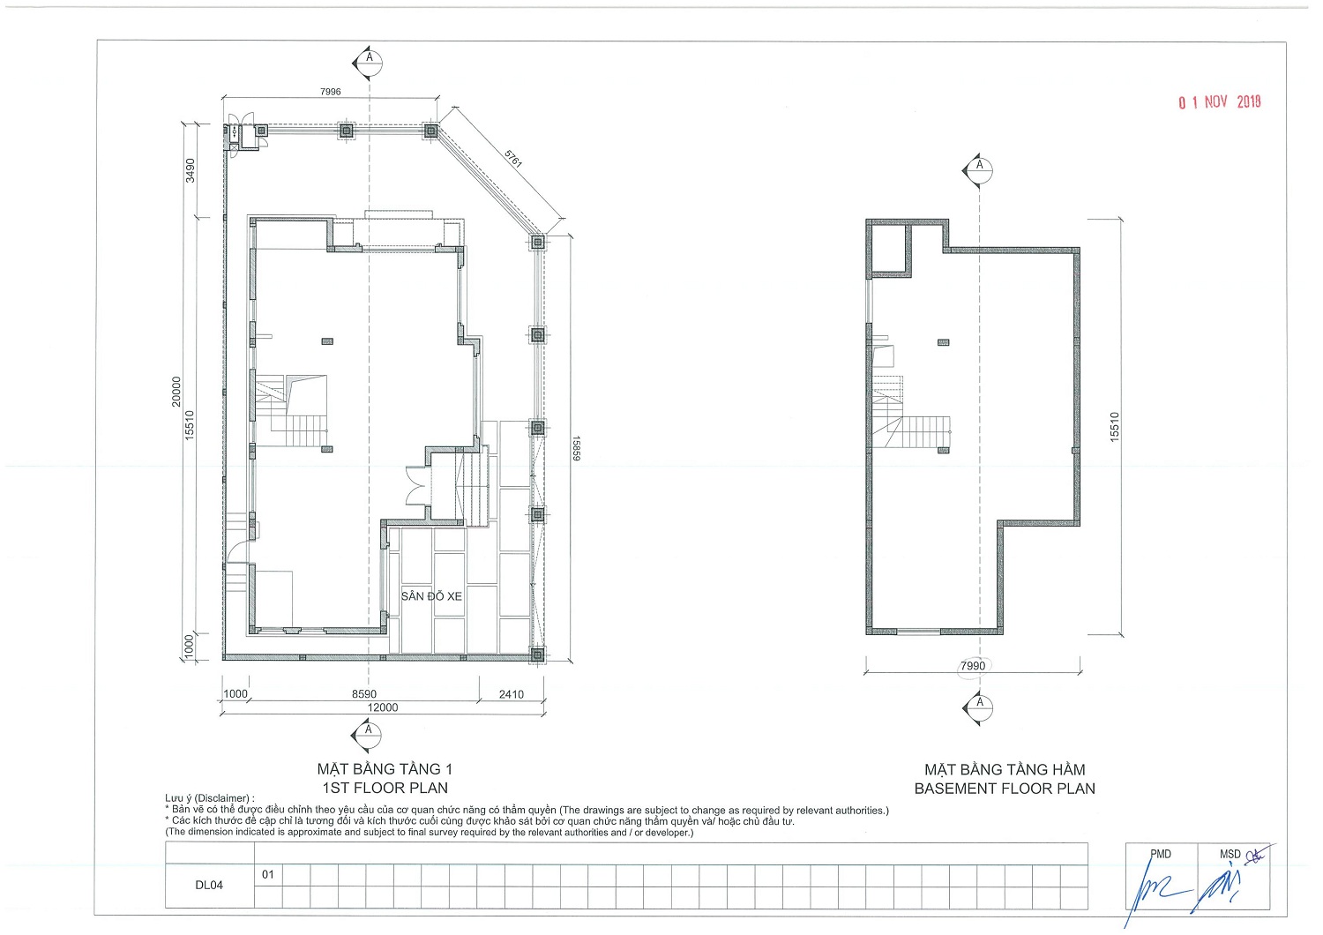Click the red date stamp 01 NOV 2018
coord(1220,102)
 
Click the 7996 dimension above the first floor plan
coord(330,92)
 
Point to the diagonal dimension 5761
coord(513,158)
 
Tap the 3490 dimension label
coord(191,171)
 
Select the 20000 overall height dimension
coord(176,392)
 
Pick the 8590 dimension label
coord(363,694)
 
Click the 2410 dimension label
coord(512,694)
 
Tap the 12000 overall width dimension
coord(383,707)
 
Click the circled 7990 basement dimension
coord(973,666)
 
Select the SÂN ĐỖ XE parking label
coord(431,596)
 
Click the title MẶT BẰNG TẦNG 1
coord(385,769)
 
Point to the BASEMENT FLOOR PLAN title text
coord(1005,789)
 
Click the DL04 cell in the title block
coord(209,886)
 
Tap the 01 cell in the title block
coord(268,874)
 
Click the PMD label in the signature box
coord(1161,854)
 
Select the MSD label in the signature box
coord(1230,854)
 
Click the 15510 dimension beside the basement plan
coord(1114,427)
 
